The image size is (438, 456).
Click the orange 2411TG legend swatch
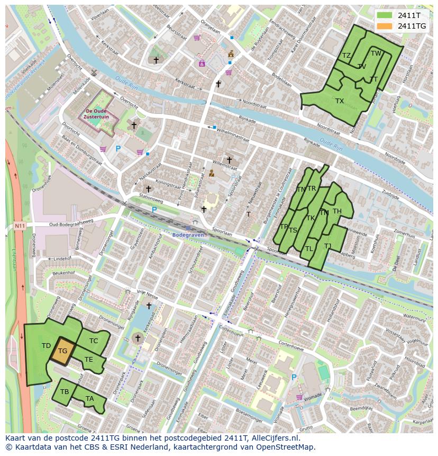385,26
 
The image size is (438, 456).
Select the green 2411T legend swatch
385,15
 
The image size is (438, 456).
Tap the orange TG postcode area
62,351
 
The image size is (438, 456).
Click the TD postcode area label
46,346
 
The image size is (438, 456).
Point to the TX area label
340,101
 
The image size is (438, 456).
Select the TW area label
376,53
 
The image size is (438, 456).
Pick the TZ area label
346,56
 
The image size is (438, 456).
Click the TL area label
309,249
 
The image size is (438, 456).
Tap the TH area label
337,211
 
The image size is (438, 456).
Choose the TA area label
89,399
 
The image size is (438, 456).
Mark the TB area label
65,392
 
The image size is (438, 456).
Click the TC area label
94,341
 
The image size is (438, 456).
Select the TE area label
88,360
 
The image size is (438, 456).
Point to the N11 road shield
20,226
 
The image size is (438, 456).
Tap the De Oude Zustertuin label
97,114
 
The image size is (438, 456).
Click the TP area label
284,227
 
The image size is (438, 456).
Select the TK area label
311,218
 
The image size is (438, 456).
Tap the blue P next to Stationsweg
154,210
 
